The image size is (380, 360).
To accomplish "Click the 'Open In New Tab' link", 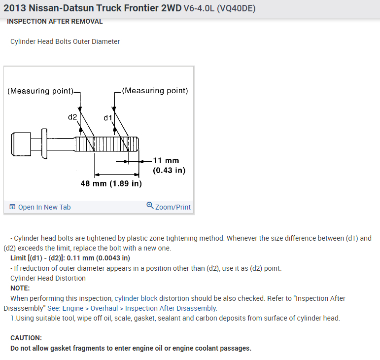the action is pyautogui.click(x=44, y=207).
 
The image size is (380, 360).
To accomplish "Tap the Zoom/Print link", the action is pyautogui.click(x=173, y=207).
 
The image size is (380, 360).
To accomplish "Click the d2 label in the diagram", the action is pyautogui.click(x=72, y=117).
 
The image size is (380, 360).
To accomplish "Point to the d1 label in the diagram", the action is pyautogui.click(x=107, y=118).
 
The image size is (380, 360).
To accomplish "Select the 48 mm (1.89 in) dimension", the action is pyautogui.click(x=111, y=183).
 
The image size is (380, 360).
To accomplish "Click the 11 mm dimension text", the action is pyautogui.click(x=166, y=161).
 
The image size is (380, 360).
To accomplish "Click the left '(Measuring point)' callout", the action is pyautogui.click(x=40, y=91).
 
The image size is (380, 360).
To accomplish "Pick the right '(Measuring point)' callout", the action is pyautogui.click(x=155, y=91).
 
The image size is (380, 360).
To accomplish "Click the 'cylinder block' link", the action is pyautogui.click(x=136, y=298).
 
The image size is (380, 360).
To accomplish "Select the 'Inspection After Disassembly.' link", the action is pyautogui.click(x=171, y=308).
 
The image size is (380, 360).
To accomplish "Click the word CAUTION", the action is pyautogui.click(x=26, y=338).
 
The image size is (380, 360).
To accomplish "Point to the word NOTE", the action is pyautogui.click(x=20, y=288).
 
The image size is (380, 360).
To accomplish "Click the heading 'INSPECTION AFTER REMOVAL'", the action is pyautogui.click(x=55, y=22).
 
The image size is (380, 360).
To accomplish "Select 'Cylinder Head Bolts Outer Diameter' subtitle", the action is pyautogui.click(x=65, y=41).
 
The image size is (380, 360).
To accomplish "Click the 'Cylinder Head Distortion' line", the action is pyautogui.click(x=48, y=278).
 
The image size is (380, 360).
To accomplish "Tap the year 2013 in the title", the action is pyautogui.click(x=14, y=8).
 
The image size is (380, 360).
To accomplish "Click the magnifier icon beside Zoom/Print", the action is pyautogui.click(x=150, y=206).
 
